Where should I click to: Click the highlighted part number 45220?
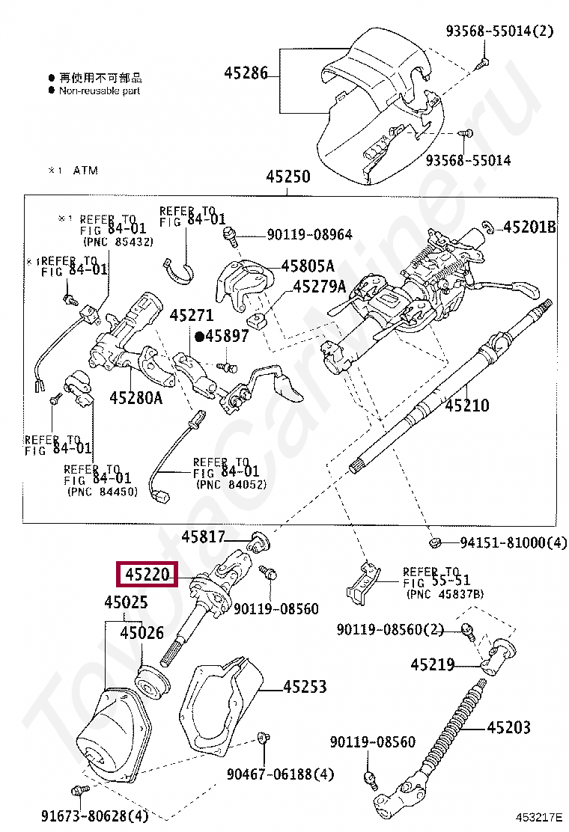(x=147, y=575)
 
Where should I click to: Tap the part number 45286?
(x=246, y=73)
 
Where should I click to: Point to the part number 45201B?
(x=529, y=227)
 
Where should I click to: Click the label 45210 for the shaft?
(x=467, y=406)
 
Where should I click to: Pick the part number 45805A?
(x=308, y=266)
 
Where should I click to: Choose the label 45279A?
(x=319, y=287)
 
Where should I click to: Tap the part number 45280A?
(x=136, y=397)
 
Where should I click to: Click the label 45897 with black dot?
(x=222, y=337)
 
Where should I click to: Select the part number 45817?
(x=203, y=536)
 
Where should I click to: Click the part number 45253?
(x=305, y=686)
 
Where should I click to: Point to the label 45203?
(x=508, y=727)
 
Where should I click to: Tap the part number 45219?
(x=432, y=664)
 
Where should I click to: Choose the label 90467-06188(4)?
(x=281, y=774)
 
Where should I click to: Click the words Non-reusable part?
(x=100, y=91)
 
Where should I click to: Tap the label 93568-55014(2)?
(x=499, y=31)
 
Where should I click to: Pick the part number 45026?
(x=142, y=633)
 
